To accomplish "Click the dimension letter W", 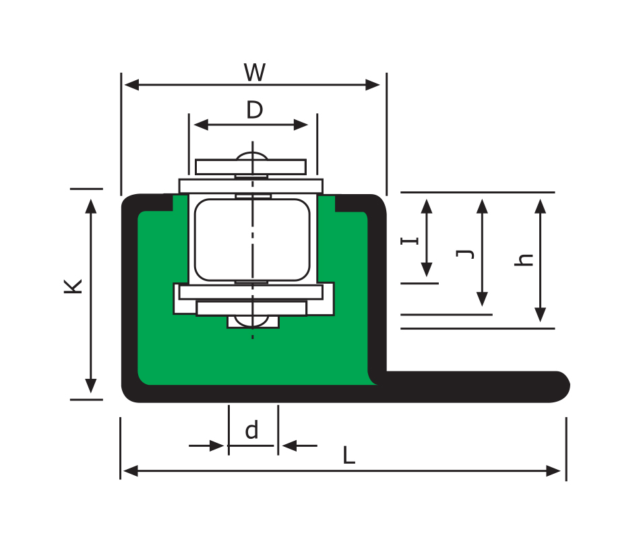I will click(x=254, y=73).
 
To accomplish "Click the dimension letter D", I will click(x=254, y=110).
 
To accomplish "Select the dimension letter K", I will click(x=73, y=286).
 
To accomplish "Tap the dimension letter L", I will click(x=348, y=456).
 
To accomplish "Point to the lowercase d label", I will click(x=251, y=430).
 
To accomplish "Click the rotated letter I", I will click(x=411, y=239).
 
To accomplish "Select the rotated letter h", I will click(x=524, y=259).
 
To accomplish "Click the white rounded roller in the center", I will click(x=252, y=239).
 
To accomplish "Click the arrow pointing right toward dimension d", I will click(x=216, y=446).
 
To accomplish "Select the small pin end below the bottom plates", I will click(x=253, y=321).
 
